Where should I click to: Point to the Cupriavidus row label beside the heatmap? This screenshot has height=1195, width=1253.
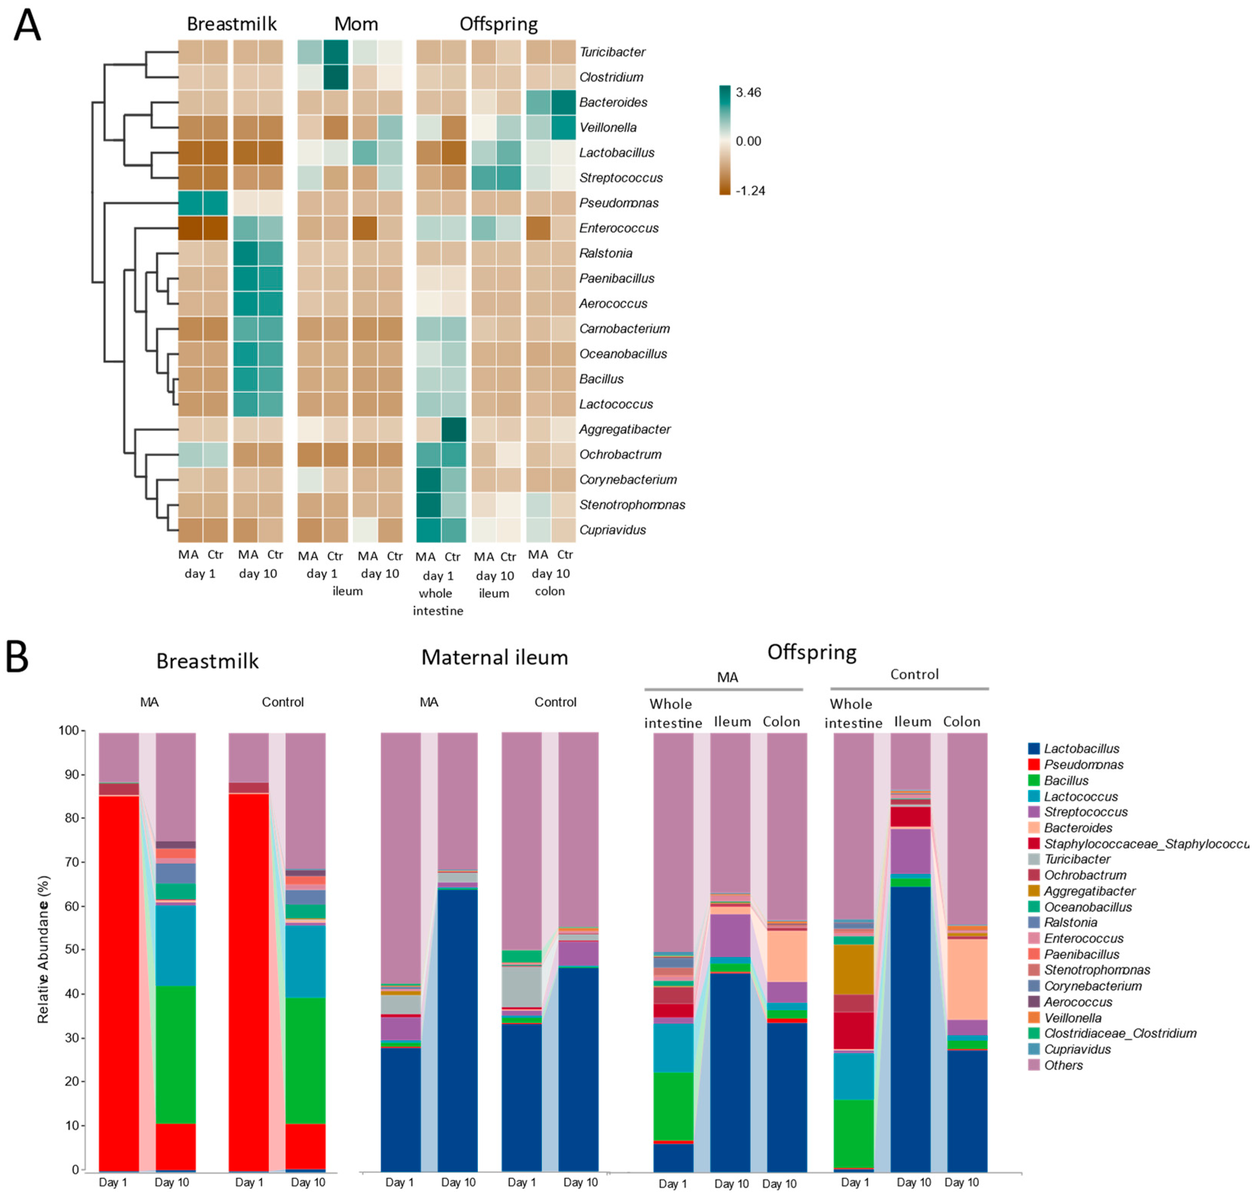(612, 530)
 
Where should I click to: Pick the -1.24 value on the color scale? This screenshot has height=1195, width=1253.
(749, 191)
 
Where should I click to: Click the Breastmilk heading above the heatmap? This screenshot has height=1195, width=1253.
(231, 24)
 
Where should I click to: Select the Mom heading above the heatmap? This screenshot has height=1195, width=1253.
(356, 24)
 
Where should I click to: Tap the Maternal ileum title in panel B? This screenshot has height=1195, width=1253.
(494, 657)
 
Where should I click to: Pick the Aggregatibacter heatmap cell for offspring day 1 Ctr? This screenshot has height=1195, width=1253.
(453, 430)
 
